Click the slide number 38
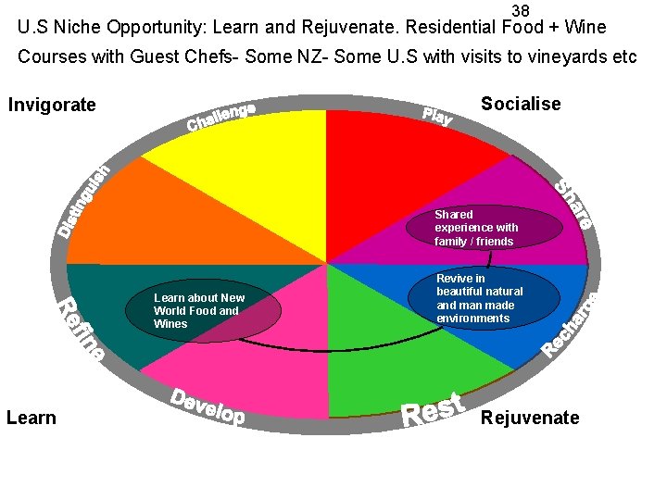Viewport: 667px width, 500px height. coord(521,10)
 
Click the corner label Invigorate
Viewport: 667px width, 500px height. coord(52,105)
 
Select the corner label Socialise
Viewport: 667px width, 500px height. coord(521,104)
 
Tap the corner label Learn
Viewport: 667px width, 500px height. coord(31,418)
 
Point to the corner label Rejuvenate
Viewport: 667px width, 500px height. coord(530,418)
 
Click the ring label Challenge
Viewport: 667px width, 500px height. coord(222,117)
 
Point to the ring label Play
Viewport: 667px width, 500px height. coord(437,116)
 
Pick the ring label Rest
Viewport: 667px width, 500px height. coord(432,410)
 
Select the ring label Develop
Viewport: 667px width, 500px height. coord(208,406)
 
